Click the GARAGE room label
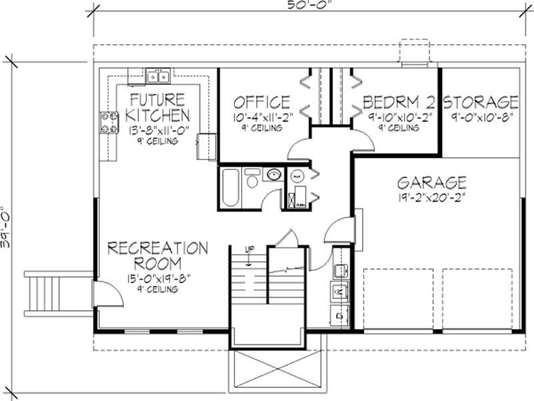432,182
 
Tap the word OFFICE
261,102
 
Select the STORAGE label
481,102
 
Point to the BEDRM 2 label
398,102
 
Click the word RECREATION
158,248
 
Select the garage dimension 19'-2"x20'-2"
432,197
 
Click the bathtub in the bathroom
229,188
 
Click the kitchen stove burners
109,122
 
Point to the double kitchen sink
158,77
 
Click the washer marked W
338,292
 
